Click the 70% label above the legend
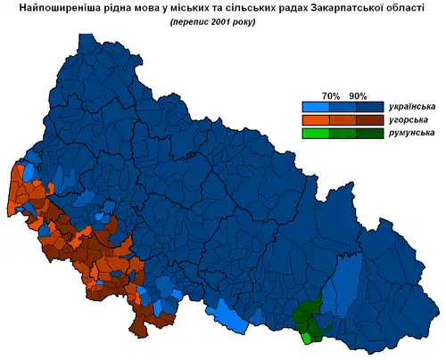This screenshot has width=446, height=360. point(331,95)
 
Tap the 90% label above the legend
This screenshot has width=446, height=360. point(359,95)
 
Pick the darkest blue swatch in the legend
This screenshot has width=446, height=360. point(371,107)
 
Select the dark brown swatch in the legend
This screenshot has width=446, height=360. point(371,119)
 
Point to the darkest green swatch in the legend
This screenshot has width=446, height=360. point(371,133)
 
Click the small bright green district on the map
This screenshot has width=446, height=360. point(308,338)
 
